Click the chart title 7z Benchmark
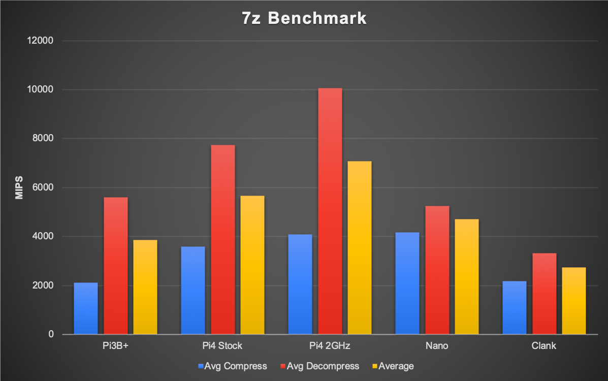click(x=304, y=18)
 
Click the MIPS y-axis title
click(x=19, y=188)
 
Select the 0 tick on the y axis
click(x=51, y=334)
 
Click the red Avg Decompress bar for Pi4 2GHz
click(x=330, y=211)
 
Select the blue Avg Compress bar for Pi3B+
click(x=86, y=308)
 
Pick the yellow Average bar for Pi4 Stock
click(x=252, y=265)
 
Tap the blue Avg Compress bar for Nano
click(x=407, y=283)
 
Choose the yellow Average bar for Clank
click(x=574, y=301)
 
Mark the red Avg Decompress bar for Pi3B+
click(x=116, y=266)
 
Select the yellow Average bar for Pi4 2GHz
click(x=360, y=247)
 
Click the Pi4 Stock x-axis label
click(x=223, y=346)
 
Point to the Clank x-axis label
click(x=544, y=346)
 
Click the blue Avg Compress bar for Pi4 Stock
click(x=193, y=290)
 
